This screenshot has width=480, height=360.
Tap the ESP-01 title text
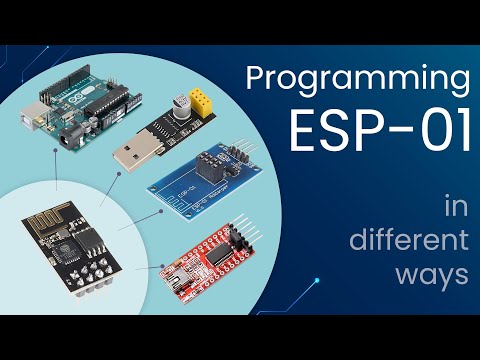coord(379,130)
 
